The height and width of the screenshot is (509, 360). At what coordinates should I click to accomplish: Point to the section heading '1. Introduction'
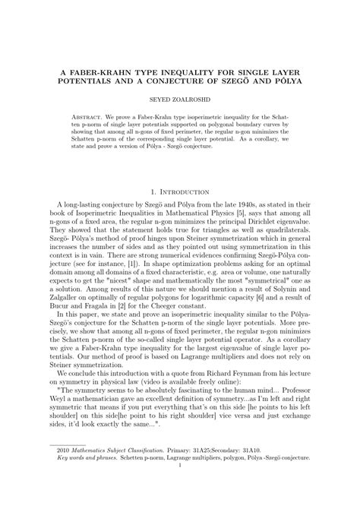click(x=180, y=193)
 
